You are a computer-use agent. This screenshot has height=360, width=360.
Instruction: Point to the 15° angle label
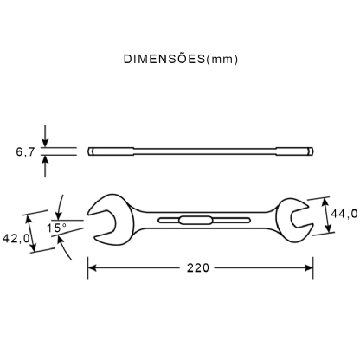tap(58, 228)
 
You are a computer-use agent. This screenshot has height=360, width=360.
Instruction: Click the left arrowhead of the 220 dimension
tap(92, 268)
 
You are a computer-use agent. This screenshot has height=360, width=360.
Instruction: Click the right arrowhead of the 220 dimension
tap(307, 268)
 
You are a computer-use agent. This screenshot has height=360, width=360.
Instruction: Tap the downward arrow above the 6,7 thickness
tap(45, 142)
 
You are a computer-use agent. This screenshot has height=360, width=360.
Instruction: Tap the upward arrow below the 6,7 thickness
tap(45, 162)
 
